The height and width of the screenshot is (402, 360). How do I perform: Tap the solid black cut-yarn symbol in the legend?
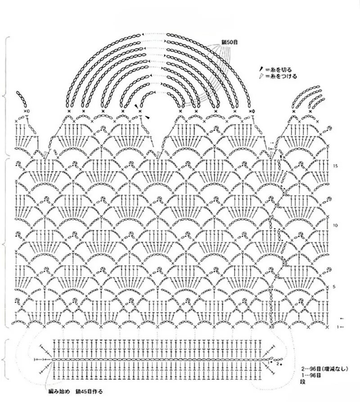pyautogui.click(x=260, y=69)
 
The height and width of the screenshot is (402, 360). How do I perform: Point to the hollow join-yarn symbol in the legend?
pyautogui.click(x=260, y=77)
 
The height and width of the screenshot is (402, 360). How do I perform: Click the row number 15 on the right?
pyautogui.click(x=336, y=166)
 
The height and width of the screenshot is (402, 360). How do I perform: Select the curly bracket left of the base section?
pyautogui.click(x=6, y=360)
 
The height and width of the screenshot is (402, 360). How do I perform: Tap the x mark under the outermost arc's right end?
pyautogui.click(x=250, y=111)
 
